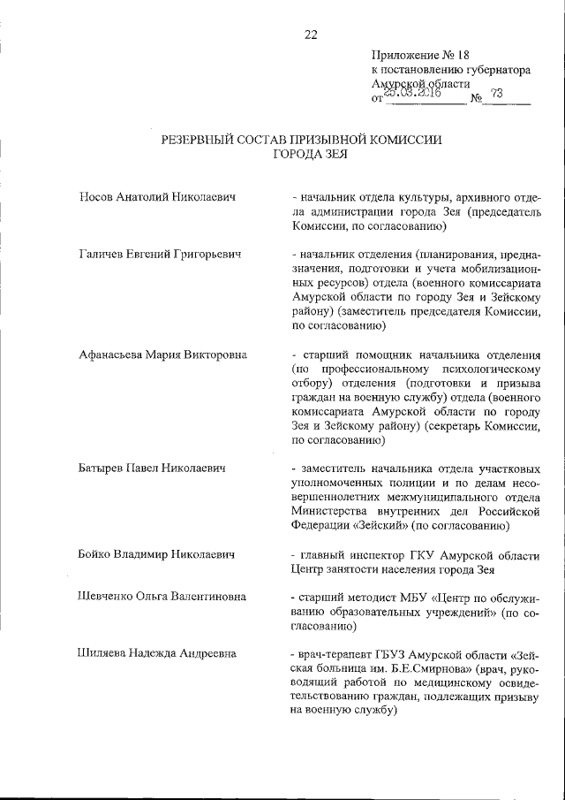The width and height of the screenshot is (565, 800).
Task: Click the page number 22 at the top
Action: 311,34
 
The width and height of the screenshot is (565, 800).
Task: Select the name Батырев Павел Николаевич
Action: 154,467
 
